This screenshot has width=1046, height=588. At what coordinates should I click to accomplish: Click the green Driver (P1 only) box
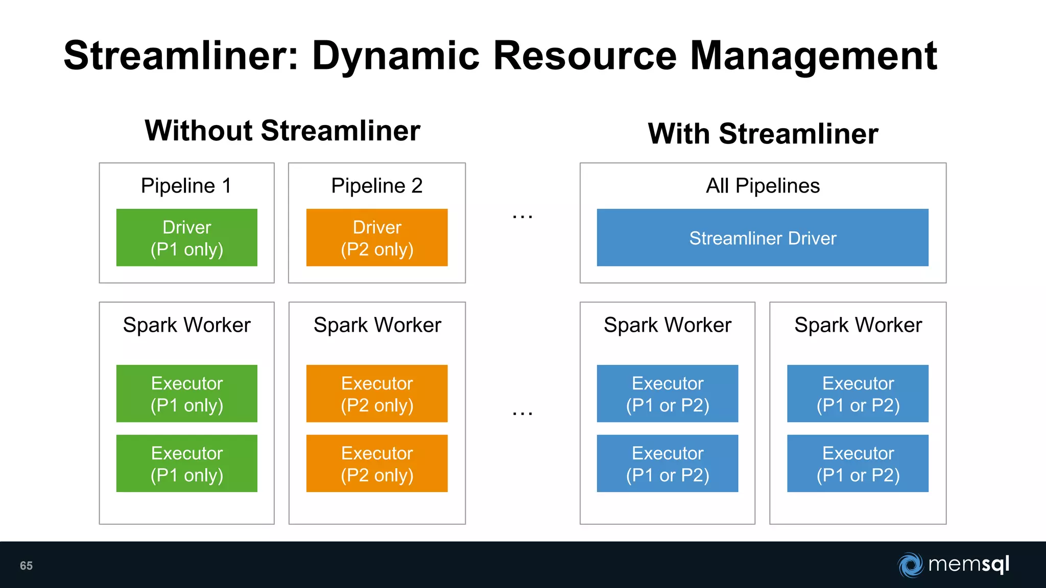[186, 237]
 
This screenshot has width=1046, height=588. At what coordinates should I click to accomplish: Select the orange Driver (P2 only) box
[377, 237]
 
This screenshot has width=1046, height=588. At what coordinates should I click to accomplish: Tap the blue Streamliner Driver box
[763, 237]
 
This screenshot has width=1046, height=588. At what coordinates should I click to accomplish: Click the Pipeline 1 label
[186, 186]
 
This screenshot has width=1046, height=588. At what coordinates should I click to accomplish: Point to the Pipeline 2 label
[377, 186]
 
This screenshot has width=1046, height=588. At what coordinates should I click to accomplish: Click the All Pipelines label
[763, 186]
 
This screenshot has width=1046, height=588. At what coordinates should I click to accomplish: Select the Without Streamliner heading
[282, 131]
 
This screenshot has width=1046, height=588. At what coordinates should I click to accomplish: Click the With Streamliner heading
[763, 134]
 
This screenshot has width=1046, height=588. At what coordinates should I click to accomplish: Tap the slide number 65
[26, 566]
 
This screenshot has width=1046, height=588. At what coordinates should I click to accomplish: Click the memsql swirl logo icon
[911, 565]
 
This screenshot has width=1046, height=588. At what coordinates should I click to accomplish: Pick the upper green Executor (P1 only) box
[186, 394]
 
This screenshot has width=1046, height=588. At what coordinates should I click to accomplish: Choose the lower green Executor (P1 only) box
[186, 463]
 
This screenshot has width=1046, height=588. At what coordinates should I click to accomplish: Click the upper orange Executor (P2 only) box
[377, 394]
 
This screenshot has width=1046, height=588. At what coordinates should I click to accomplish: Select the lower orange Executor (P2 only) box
[377, 463]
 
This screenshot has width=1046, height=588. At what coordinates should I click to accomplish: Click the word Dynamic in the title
[396, 56]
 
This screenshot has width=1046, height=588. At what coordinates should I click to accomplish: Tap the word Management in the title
[813, 56]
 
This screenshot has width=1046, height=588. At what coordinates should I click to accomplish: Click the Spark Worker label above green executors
[186, 325]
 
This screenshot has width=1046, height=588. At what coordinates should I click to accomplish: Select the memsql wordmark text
[969, 565]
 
